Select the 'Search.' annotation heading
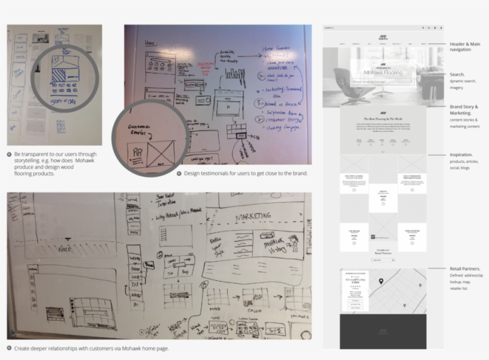click(x=457, y=75)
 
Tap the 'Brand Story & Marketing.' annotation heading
click(x=463, y=109)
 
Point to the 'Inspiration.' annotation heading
click(x=461, y=154)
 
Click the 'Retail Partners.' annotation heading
click(x=465, y=269)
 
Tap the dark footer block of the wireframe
click(x=375, y=331)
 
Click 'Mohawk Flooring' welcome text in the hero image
click(x=383, y=72)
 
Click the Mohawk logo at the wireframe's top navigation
click(x=383, y=37)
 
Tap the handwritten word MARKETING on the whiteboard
click(x=261, y=216)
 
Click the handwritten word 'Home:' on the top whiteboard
click(x=150, y=43)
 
